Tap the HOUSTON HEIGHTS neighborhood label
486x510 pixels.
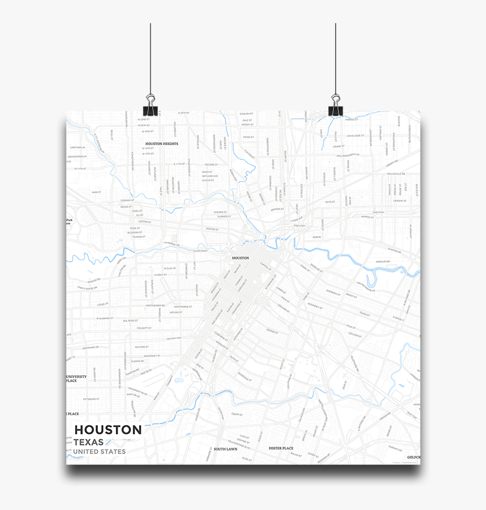pos(162,144)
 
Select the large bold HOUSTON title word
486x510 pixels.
pos(108,430)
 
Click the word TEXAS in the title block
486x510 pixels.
pos(89,442)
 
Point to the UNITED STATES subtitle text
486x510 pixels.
pos(99,452)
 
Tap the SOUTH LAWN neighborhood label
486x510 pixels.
pos(224,449)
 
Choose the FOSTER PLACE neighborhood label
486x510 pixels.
pos(281,448)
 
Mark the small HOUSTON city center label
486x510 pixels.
pos(240,258)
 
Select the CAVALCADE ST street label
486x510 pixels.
pos(354,136)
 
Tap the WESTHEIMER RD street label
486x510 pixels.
pos(155,306)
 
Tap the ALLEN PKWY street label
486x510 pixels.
pos(200,250)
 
